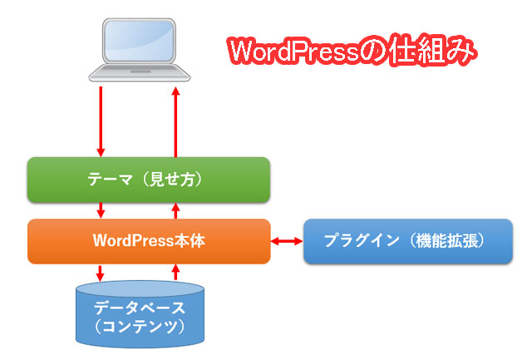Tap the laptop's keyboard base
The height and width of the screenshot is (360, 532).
pos(138,76)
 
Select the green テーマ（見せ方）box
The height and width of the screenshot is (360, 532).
pos(149,180)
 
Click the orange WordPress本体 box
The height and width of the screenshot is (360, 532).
pos(149,241)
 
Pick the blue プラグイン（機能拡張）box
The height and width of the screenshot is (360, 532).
pos(406,241)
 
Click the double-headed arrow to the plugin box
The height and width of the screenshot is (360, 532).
pos(287,241)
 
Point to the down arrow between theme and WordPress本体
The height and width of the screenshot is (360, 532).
pos(101,210)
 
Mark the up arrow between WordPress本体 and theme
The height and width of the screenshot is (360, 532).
pos(175,210)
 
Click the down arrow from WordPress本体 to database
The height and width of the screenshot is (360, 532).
pos(101,272)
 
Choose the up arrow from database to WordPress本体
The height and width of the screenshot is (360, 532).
pos(175,272)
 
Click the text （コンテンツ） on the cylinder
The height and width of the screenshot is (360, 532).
pos(139,325)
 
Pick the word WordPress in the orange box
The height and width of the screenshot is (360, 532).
pos(134,241)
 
